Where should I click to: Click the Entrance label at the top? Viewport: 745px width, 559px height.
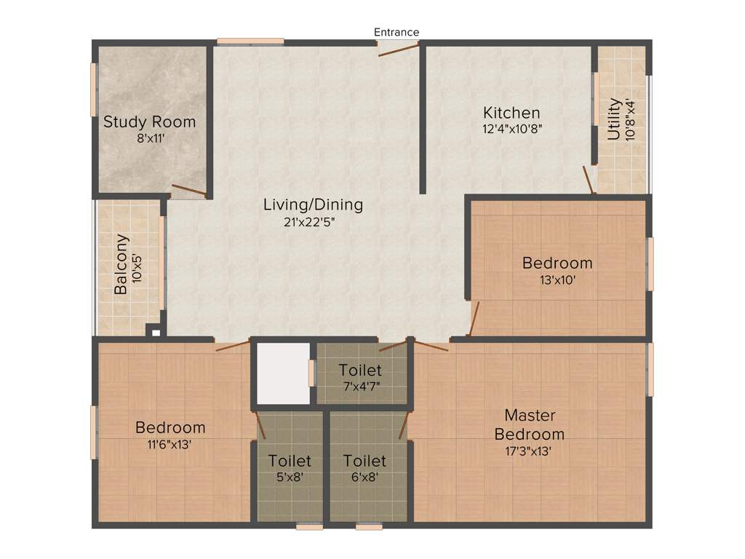pyautogui.click(x=397, y=32)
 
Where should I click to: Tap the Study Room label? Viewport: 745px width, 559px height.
pyautogui.click(x=149, y=122)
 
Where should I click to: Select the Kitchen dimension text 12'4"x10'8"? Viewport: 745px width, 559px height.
pyautogui.click(x=512, y=128)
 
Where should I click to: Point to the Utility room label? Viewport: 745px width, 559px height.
pyautogui.click(x=615, y=119)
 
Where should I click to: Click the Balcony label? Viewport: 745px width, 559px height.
pyautogui.click(x=121, y=263)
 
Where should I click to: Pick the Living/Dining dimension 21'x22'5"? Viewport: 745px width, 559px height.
pyautogui.click(x=313, y=222)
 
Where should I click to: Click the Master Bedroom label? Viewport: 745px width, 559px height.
pyautogui.click(x=530, y=424)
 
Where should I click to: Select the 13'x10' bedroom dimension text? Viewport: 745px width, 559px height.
pyautogui.click(x=557, y=279)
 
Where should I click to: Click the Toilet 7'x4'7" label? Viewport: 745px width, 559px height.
pyautogui.click(x=360, y=378)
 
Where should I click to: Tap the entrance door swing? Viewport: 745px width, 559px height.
pyautogui.click(x=399, y=49)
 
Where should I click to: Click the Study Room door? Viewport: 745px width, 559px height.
pyautogui.click(x=188, y=191)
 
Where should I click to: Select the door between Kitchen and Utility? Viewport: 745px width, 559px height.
pyautogui.click(x=589, y=179)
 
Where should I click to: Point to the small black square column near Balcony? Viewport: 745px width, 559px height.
pyautogui.click(x=155, y=331)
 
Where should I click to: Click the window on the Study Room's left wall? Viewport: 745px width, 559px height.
pyautogui.click(x=93, y=90)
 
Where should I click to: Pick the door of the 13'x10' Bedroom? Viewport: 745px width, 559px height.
pyautogui.click(x=474, y=318)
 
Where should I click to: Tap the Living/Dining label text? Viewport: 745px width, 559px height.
pyautogui.click(x=313, y=205)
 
